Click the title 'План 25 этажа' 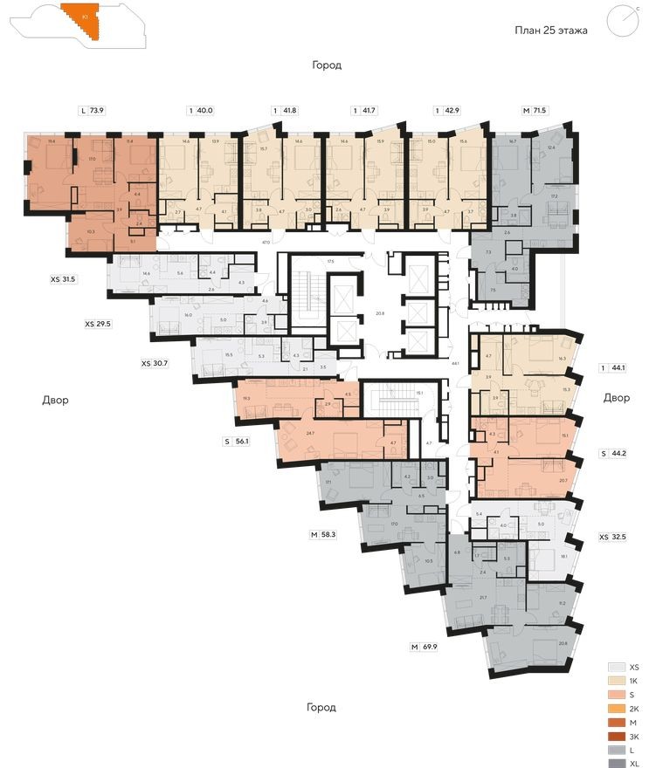550,30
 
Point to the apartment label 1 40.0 200,111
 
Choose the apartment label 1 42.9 447,111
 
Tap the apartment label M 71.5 534,111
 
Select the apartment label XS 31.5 64,279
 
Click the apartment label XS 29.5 100,323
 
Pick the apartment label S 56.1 236,442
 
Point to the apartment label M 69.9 425,647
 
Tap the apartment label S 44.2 615,454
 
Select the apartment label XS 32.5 615,538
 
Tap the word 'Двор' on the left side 55,400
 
